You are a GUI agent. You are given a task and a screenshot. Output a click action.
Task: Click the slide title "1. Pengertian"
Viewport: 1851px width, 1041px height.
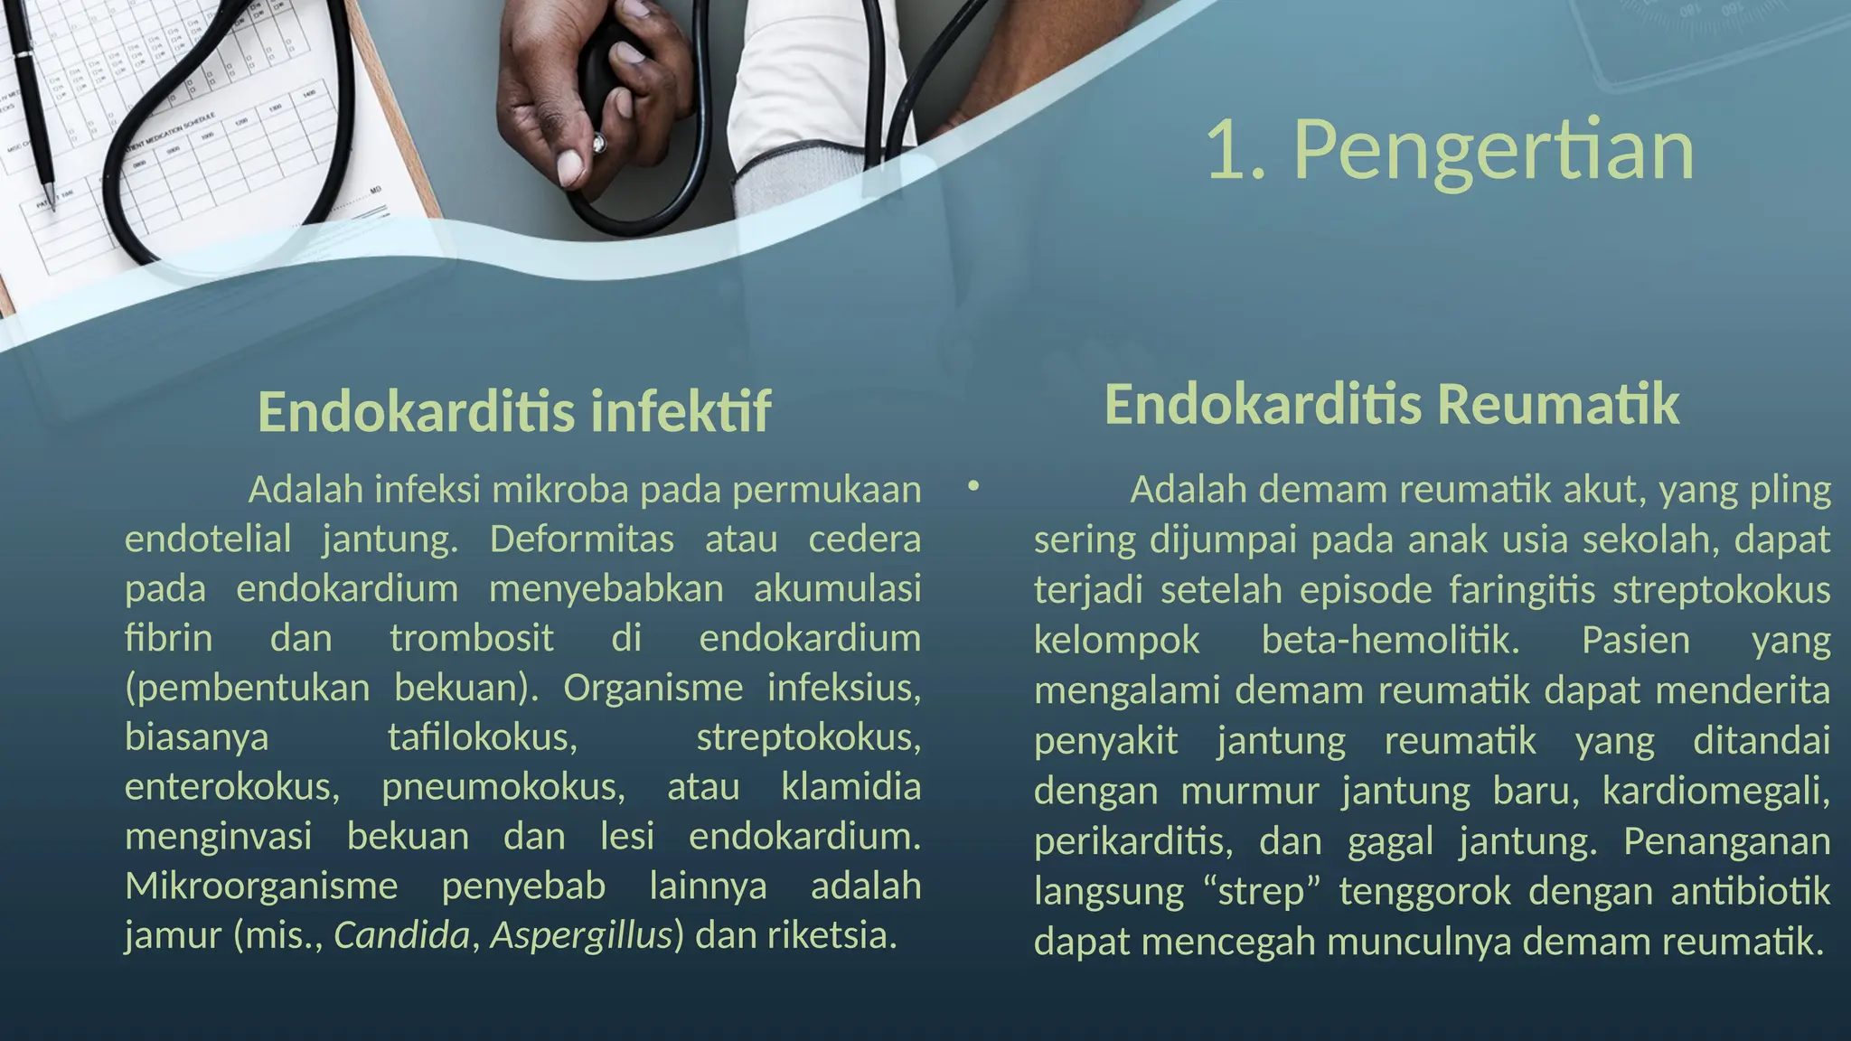(1450, 150)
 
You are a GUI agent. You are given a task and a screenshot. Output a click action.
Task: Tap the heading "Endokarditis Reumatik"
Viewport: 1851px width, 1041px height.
(1391, 404)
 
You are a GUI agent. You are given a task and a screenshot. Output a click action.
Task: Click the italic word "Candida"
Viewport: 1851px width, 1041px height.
(402, 934)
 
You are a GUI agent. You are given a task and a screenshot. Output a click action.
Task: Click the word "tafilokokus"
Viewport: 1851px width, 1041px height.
(482, 737)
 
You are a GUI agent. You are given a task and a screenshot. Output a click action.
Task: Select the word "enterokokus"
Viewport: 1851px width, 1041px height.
(232, 786)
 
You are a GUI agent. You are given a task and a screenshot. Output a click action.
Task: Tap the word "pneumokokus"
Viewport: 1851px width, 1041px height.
(503, 786)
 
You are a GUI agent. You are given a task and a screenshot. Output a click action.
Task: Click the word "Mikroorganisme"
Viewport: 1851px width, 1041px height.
(261, 886)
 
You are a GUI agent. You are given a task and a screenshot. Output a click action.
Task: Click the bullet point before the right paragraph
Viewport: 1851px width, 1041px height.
(972, 487)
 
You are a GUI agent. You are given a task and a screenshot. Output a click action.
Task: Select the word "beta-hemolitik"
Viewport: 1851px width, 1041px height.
(1390, 640)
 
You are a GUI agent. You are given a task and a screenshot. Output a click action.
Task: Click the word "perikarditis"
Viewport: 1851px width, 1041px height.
(1132, 841)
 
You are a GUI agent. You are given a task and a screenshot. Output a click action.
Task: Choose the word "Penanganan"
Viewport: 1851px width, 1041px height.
(1726, 841)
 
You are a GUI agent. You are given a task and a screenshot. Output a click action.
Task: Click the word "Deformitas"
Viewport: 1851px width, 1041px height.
(581, 539)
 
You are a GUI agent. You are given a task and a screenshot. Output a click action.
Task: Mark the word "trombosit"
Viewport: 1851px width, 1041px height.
(471, 638)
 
